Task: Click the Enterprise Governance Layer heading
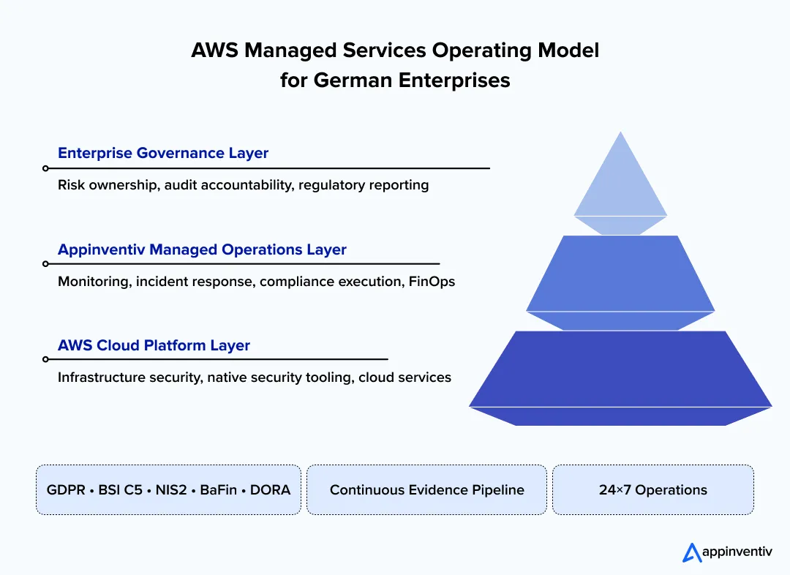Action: coord(163,154)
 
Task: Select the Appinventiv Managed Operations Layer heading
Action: coord(202,249)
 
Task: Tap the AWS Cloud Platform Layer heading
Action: coord(154,345)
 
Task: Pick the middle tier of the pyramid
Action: coord(620,274)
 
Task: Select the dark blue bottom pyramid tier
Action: coord(620,369)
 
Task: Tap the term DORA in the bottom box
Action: coord(270,489)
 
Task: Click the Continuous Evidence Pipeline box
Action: coord(426,489)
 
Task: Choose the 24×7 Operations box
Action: coord(652,489)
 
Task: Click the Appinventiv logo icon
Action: coord(692,552)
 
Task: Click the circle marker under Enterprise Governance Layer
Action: coord(45,168)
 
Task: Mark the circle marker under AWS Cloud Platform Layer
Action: coord(45,359)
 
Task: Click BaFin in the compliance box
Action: coord(218,489)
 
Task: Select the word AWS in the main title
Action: coord(214,50)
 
